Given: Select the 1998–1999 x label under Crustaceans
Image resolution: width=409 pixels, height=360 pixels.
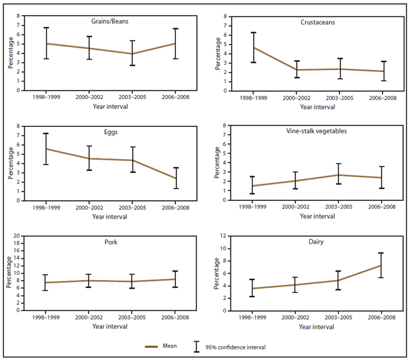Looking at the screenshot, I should pos(253,97).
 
